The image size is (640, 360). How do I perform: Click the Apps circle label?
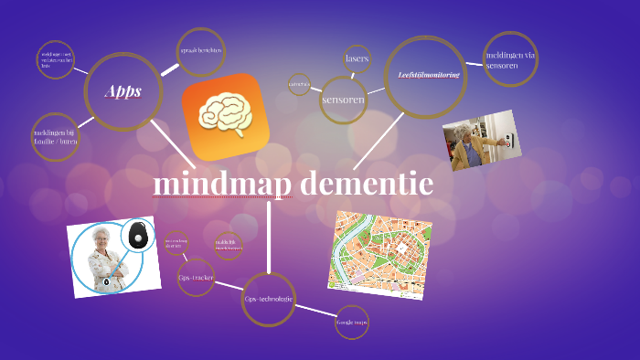[123, 91]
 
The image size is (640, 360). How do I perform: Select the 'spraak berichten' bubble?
[201, 50]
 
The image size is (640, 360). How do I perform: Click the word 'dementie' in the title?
[366, 185]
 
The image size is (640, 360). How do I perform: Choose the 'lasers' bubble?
[357, 58]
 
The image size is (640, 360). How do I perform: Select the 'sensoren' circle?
[344, 99]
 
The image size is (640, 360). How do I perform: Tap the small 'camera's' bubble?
[299, 84]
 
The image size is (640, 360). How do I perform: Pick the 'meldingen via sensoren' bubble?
[509, 59]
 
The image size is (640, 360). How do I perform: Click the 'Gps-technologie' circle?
[269, 299]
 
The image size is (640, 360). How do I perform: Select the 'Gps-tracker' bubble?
[196, 277]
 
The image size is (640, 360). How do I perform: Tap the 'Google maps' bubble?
[352, 322]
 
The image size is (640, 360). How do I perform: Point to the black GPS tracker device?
[138, 235]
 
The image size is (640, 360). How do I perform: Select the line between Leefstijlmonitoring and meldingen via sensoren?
[475, 64]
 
